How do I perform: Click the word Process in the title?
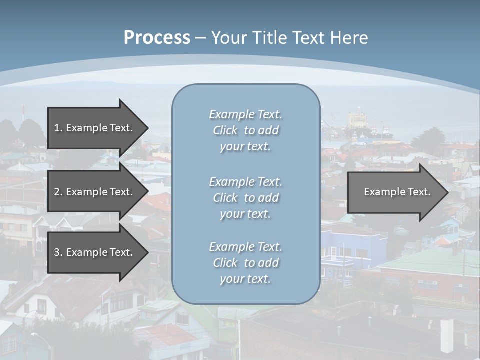157,37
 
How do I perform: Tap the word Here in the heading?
349,37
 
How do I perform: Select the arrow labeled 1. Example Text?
95,128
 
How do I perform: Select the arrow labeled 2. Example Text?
95,192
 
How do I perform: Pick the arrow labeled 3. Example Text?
95,252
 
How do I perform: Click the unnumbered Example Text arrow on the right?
395,192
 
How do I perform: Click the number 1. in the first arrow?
58,128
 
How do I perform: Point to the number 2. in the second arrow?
58,192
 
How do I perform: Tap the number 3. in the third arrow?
58,252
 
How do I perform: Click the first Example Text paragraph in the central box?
245,130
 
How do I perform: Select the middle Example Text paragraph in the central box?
245,197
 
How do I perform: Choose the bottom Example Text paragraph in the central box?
245,262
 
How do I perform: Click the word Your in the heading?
228,37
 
